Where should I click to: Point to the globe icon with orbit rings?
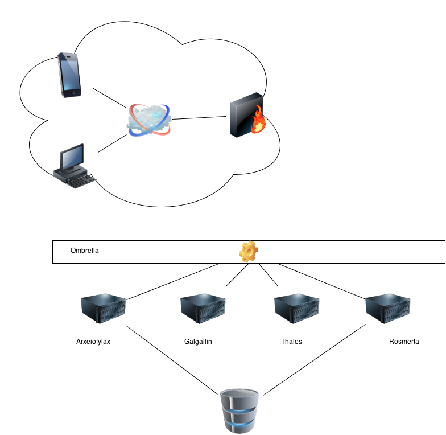point(149,120)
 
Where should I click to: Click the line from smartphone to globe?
point(109,98)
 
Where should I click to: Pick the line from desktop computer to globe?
point(112,144)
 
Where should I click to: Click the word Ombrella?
point(85,251)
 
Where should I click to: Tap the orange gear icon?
point(249,251)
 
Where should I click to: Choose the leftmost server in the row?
point(103,307)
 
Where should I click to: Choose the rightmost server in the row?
point(387,307)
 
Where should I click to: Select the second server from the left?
point(203,307)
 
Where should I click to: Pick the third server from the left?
point(296,307)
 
